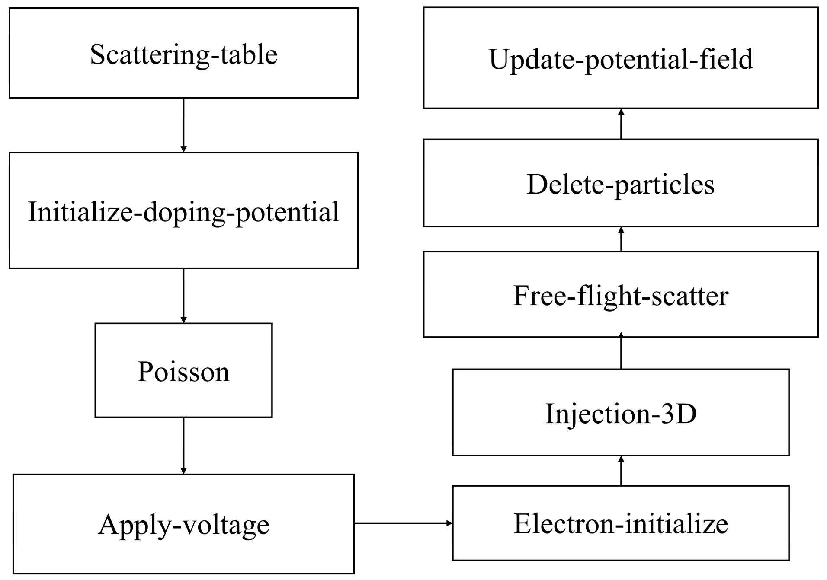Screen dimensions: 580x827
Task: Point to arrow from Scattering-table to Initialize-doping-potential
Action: [x=183, y=125]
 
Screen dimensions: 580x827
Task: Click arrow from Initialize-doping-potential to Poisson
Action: [x=183, y=296]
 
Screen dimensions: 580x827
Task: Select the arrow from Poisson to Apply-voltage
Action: [x=183, y=445]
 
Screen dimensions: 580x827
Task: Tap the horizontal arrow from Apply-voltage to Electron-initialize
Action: [x=403, y=523]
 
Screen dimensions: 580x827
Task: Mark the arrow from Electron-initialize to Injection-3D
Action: [x=621, y=471]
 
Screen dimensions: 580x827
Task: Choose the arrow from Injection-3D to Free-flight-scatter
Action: [x=621, y=353]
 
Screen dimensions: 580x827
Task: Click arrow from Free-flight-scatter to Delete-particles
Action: [x=621, y=239]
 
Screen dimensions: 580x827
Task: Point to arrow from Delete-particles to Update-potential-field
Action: [x=621, y=124]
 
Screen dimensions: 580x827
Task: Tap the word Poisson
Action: [x=183, y=372]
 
